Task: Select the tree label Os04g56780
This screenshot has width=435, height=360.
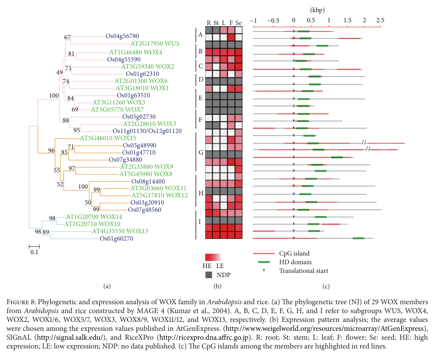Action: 122,36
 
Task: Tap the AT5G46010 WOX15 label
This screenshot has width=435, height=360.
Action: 108,138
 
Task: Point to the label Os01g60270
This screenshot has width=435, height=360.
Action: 116,238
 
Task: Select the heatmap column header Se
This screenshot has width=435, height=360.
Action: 239,22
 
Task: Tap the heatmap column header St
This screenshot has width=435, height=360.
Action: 216,22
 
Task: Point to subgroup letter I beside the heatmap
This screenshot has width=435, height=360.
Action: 201,221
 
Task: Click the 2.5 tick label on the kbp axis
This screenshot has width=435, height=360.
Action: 380,20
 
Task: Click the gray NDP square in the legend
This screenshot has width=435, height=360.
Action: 209,275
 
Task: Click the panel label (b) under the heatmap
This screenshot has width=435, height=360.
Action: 217,286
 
